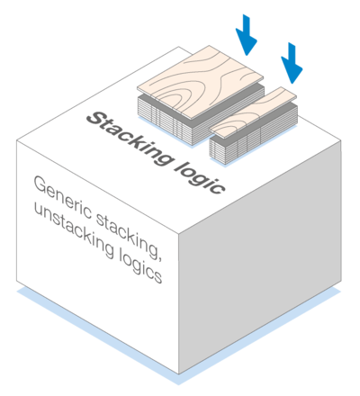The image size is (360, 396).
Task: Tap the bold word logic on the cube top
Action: coord(200,178)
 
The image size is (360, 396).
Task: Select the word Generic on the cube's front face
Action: coord(62,197)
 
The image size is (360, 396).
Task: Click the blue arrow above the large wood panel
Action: coord(247,35)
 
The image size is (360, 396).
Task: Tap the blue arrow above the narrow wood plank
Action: coord(292,63)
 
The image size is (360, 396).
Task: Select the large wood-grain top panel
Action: coord(201,82)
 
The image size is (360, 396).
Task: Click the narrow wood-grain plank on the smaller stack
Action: coord(253,112)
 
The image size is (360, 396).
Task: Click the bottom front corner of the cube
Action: coord(179,373)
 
